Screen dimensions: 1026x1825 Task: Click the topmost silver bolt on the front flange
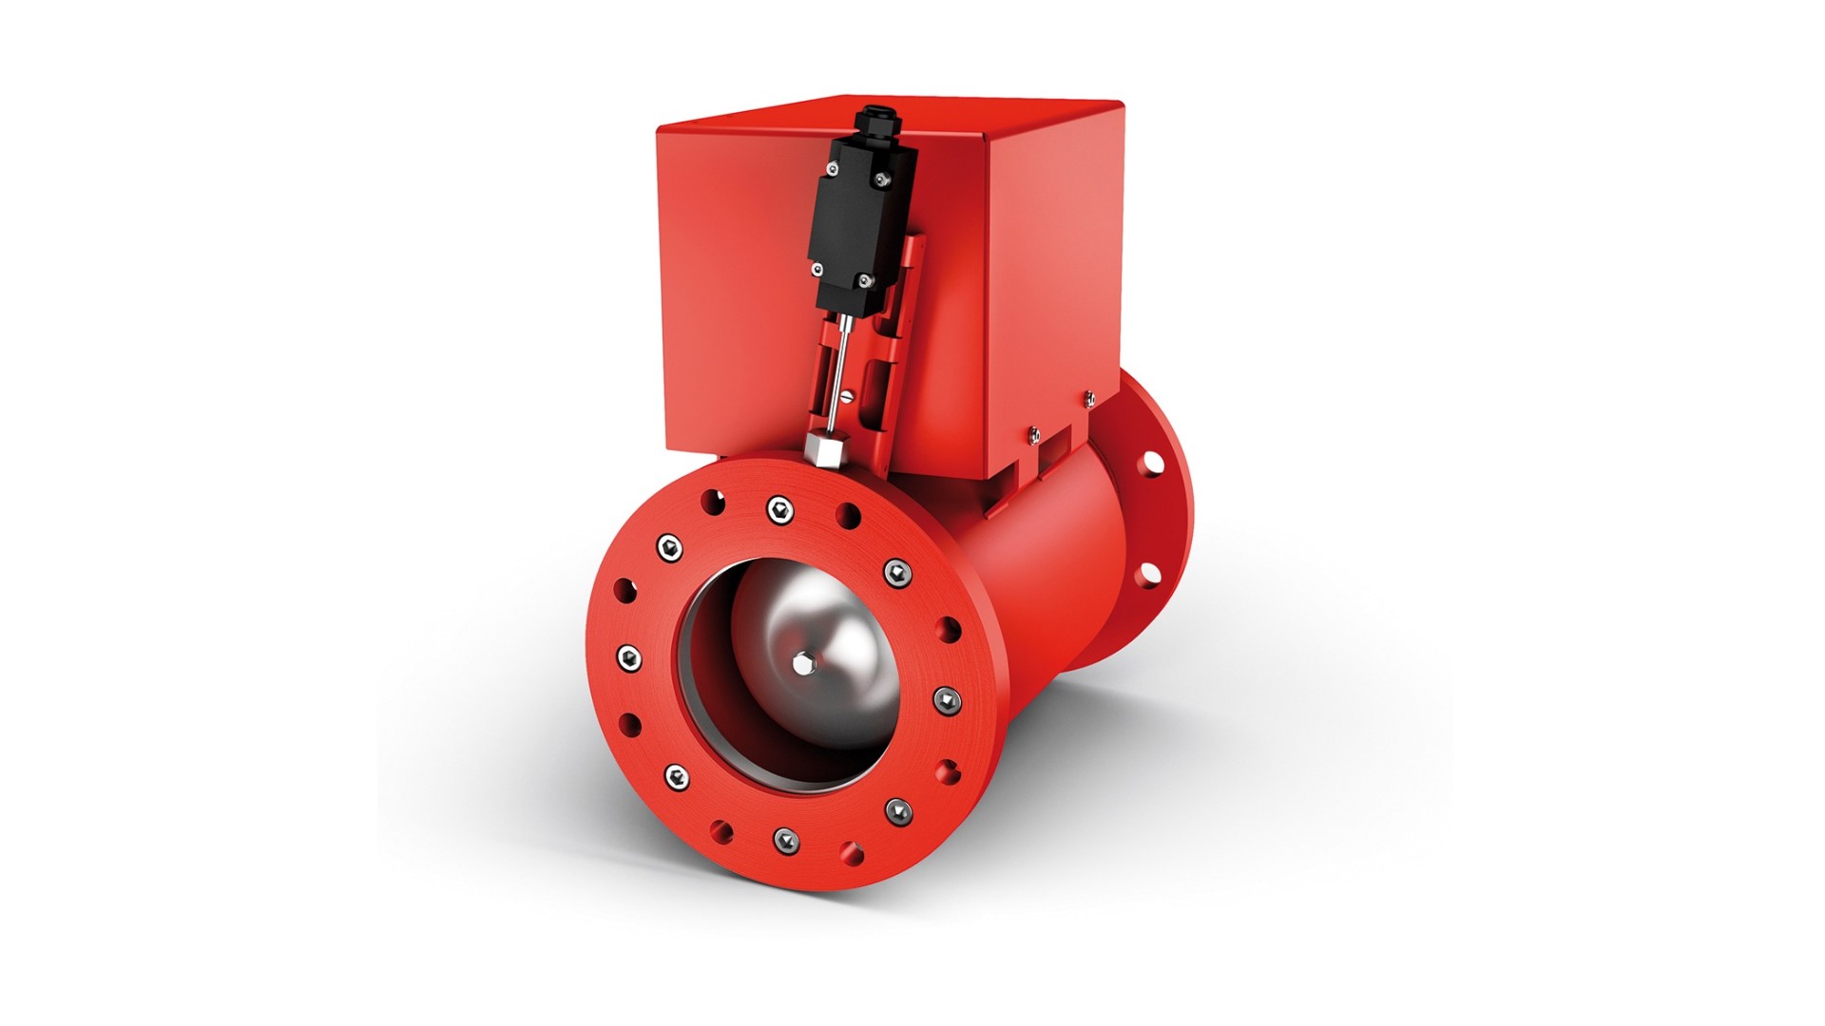pyautogui.click(x=780, y=509)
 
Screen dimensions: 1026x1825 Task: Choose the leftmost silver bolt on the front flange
pyautogui.click(x=628, y=657)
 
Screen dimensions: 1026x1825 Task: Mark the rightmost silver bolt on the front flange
pyautogui.click(x=947, y=701)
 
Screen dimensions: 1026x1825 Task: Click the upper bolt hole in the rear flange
pyautogui.click(x=1152, y=463)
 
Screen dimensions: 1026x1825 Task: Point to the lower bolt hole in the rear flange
pyautogui.click(x=1149, y=573)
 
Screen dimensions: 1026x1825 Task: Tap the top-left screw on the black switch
pyautogui.click(x=833, y=169)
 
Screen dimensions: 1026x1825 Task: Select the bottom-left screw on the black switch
pyautogui.click(x=816, y=269)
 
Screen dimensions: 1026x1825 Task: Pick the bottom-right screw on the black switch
pyautogui.click(x=864, y=280)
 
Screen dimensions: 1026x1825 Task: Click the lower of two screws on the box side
pyautogui.click(x=1034, y=434)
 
